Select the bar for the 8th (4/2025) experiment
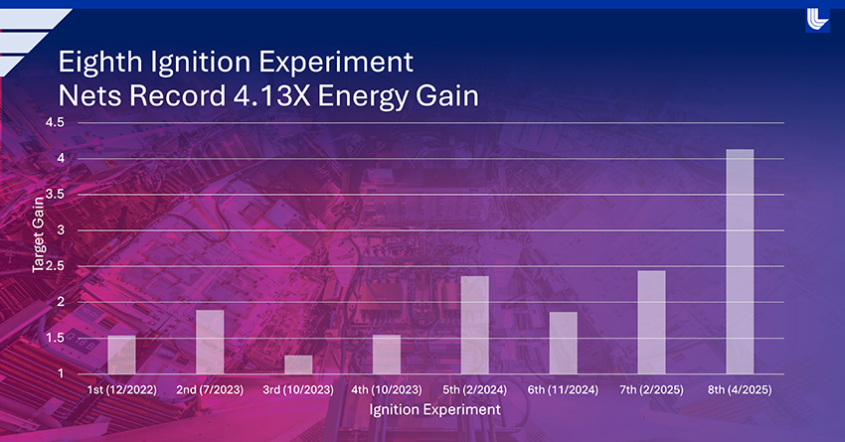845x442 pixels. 740,261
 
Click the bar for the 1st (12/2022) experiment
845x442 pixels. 121,355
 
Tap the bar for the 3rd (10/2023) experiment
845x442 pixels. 298,364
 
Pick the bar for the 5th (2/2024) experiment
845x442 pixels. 475,325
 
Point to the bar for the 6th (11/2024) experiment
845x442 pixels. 563,343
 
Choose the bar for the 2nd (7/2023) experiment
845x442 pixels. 210,342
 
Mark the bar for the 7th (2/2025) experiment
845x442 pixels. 651,322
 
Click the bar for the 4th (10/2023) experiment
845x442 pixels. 387,355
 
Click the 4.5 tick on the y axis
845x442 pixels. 54,122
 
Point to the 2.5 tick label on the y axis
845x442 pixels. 54,266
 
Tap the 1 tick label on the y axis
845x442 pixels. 60,373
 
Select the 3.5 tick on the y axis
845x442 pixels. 54,194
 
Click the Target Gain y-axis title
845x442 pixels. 39,247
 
